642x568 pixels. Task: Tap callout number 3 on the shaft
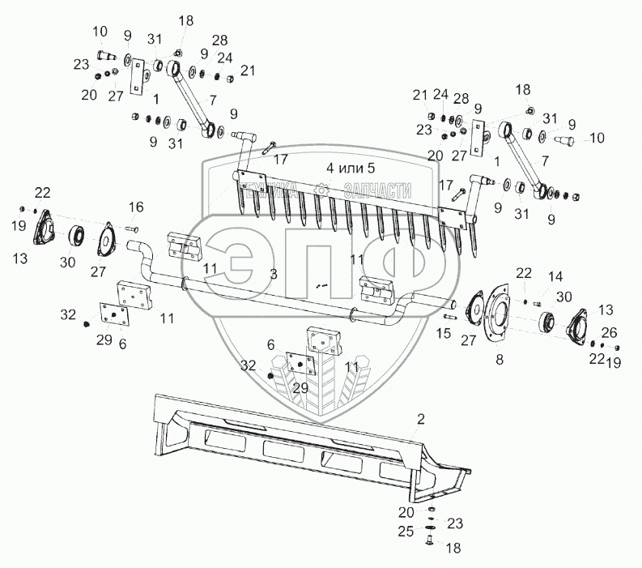tap(274, 275)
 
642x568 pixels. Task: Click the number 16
tap(135, 207)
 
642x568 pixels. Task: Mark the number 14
tap(554, 278)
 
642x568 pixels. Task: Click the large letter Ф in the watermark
tap(385, 267)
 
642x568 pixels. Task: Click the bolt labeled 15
tap(450, 316)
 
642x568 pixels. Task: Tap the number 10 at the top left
tap(100, 32)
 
